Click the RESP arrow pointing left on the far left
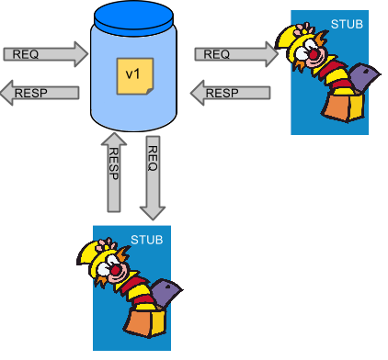coord(41,92)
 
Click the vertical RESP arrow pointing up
coord(114,173)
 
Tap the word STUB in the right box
coord(350,22)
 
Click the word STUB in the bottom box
coord(147,241)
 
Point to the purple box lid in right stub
coord(362,75)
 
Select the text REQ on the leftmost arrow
coord(25,54)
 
